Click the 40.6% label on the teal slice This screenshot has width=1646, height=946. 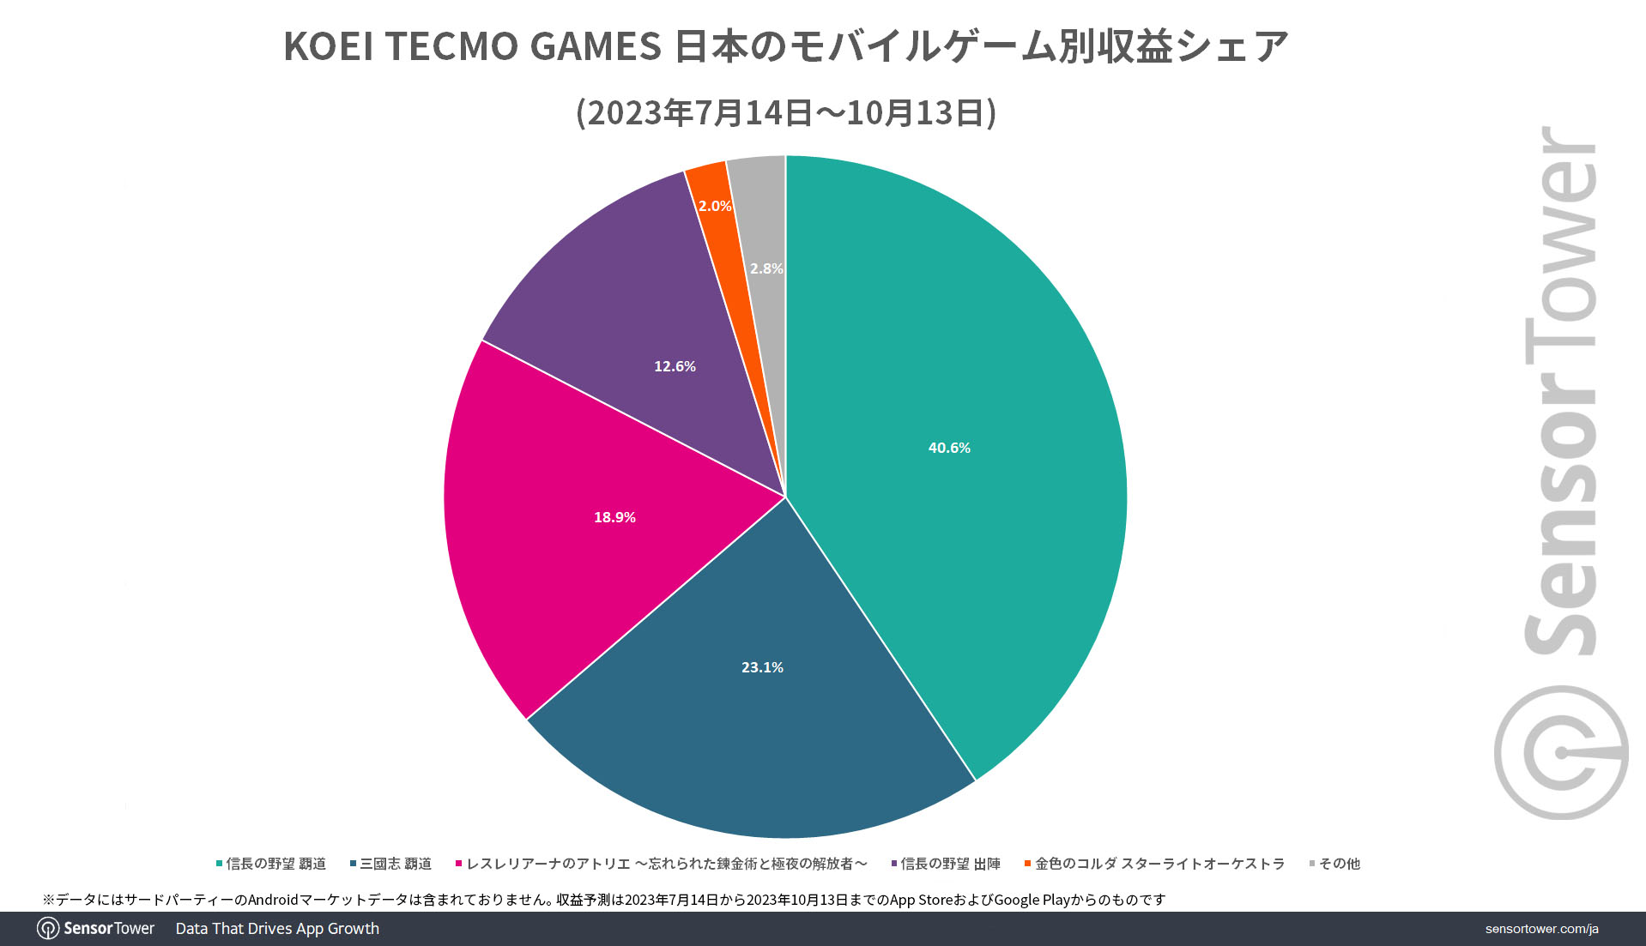point(949,448)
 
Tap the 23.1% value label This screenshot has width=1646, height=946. point(762,667)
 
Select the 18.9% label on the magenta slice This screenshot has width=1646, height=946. point(614,517)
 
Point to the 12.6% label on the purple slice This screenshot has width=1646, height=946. point(675,366)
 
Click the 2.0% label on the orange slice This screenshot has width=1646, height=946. point(714,206)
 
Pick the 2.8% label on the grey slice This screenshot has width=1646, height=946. point(766,268)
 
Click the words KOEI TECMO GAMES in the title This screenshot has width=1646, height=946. point(472,46)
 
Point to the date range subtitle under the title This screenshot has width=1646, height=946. point(786,113)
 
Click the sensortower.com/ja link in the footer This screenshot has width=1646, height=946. point(1541,929)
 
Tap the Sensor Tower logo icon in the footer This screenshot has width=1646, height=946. point(48,929)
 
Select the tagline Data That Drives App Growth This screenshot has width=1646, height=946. point(277,929)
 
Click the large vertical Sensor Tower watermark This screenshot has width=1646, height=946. point(1560,472)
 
